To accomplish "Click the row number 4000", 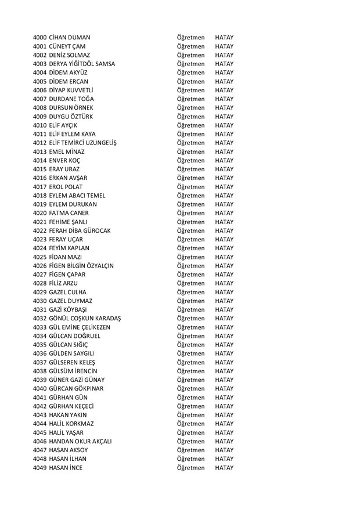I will pyautogui.click(x=40, y=37).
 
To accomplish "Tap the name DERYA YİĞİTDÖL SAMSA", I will pyautogui.click(x=82, y=64).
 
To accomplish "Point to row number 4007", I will pyautogui.click(x=40, y=99).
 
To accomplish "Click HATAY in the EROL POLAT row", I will pyautogui.click(x=224, y=187).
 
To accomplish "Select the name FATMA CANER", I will pyautogui.click(x=73, y=213).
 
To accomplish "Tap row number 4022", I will pyautogui.click(x=40, y=231).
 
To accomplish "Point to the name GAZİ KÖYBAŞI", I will pyautogui.click(x=73, y=310).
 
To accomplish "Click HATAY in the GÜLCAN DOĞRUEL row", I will pyautogui.click(x=224, y=336).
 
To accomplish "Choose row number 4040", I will pyautogui.click(x=40, y=389).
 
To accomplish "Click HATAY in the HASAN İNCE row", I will pyautogui.click(x=224, y=468).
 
